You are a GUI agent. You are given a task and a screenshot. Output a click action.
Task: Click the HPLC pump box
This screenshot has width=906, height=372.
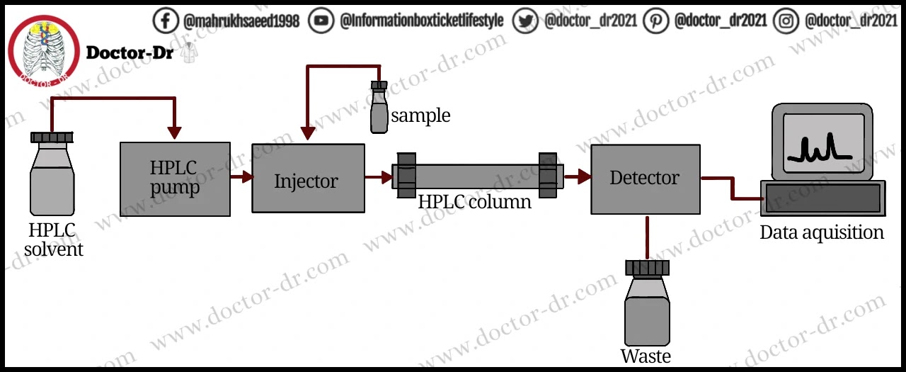click(175, 179)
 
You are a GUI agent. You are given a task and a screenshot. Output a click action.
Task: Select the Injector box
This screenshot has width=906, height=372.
click(308, 178)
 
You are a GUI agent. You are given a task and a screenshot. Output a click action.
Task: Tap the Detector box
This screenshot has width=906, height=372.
click(645, 179)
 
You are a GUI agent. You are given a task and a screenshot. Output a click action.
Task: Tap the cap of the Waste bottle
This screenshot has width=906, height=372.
click(647, 268)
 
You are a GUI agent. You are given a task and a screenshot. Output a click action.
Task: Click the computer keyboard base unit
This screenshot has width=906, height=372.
click(822, 198)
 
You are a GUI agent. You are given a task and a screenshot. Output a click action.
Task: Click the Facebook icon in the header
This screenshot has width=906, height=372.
click(166, 21)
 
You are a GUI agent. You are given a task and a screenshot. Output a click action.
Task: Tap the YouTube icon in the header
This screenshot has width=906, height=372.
click(322, 21)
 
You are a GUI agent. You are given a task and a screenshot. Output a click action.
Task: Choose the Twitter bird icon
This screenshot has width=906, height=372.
click(525, 21)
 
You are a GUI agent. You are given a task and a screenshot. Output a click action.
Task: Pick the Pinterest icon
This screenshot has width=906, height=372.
click(656, 21)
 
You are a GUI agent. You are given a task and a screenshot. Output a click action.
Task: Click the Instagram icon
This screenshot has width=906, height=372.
click(786, 21)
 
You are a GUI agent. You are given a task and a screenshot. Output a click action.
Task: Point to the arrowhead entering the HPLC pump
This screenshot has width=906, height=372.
click(174, 133)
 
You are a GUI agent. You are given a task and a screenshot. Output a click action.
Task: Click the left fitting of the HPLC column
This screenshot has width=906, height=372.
click(406, 175)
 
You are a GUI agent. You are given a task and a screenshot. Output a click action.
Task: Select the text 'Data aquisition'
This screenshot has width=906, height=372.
click(822, 232)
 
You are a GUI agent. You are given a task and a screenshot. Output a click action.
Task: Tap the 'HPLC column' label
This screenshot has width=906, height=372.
click(474, 202)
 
